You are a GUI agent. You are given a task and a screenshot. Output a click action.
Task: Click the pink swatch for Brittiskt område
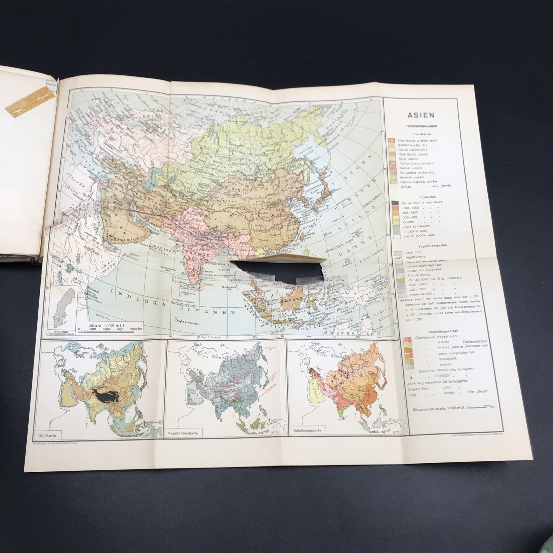click(392, 145)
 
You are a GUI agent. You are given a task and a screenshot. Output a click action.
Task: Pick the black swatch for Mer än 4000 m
click(392, 202)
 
